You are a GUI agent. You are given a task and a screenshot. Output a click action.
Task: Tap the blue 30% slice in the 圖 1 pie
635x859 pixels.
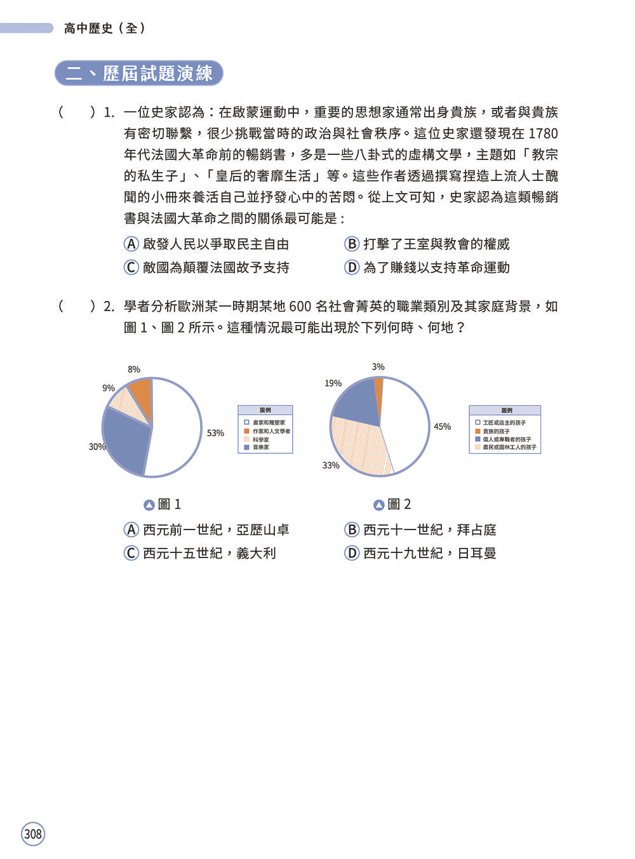[x=126, y=439]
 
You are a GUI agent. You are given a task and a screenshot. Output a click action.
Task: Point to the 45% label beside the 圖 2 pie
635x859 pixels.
[x=442, y=427]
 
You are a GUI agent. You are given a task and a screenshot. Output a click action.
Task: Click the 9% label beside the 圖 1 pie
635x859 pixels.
[x=109, y=388]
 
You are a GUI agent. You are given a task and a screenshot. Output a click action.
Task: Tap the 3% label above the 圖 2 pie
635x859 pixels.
[x=378, y=366]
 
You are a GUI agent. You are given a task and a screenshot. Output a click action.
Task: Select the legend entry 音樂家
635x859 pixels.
[x=261, y=448]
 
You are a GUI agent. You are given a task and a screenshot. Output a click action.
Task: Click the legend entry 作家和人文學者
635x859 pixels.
[x=271, y=431]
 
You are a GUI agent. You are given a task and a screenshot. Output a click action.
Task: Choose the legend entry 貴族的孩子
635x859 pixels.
[x=496, y=431]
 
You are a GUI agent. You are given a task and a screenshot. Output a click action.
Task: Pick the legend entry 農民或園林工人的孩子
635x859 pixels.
[x=509, y=448]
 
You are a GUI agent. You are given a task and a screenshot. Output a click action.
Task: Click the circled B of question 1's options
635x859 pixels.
[x=352, y=244]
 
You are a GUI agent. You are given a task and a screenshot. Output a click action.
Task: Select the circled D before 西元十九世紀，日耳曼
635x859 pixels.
[x=352, y=554]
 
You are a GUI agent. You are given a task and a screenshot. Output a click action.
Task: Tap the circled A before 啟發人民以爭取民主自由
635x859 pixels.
[x=131, y=244]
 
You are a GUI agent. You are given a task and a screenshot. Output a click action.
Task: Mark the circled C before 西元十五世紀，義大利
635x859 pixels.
[x=131, y=554]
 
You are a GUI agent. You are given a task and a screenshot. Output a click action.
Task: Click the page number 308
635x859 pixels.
[x=33, y=834]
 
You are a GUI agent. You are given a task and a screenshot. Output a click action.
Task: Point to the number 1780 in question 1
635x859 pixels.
[x=542, y=134]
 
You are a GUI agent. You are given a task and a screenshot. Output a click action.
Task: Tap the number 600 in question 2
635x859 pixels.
[x=300, y=307]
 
